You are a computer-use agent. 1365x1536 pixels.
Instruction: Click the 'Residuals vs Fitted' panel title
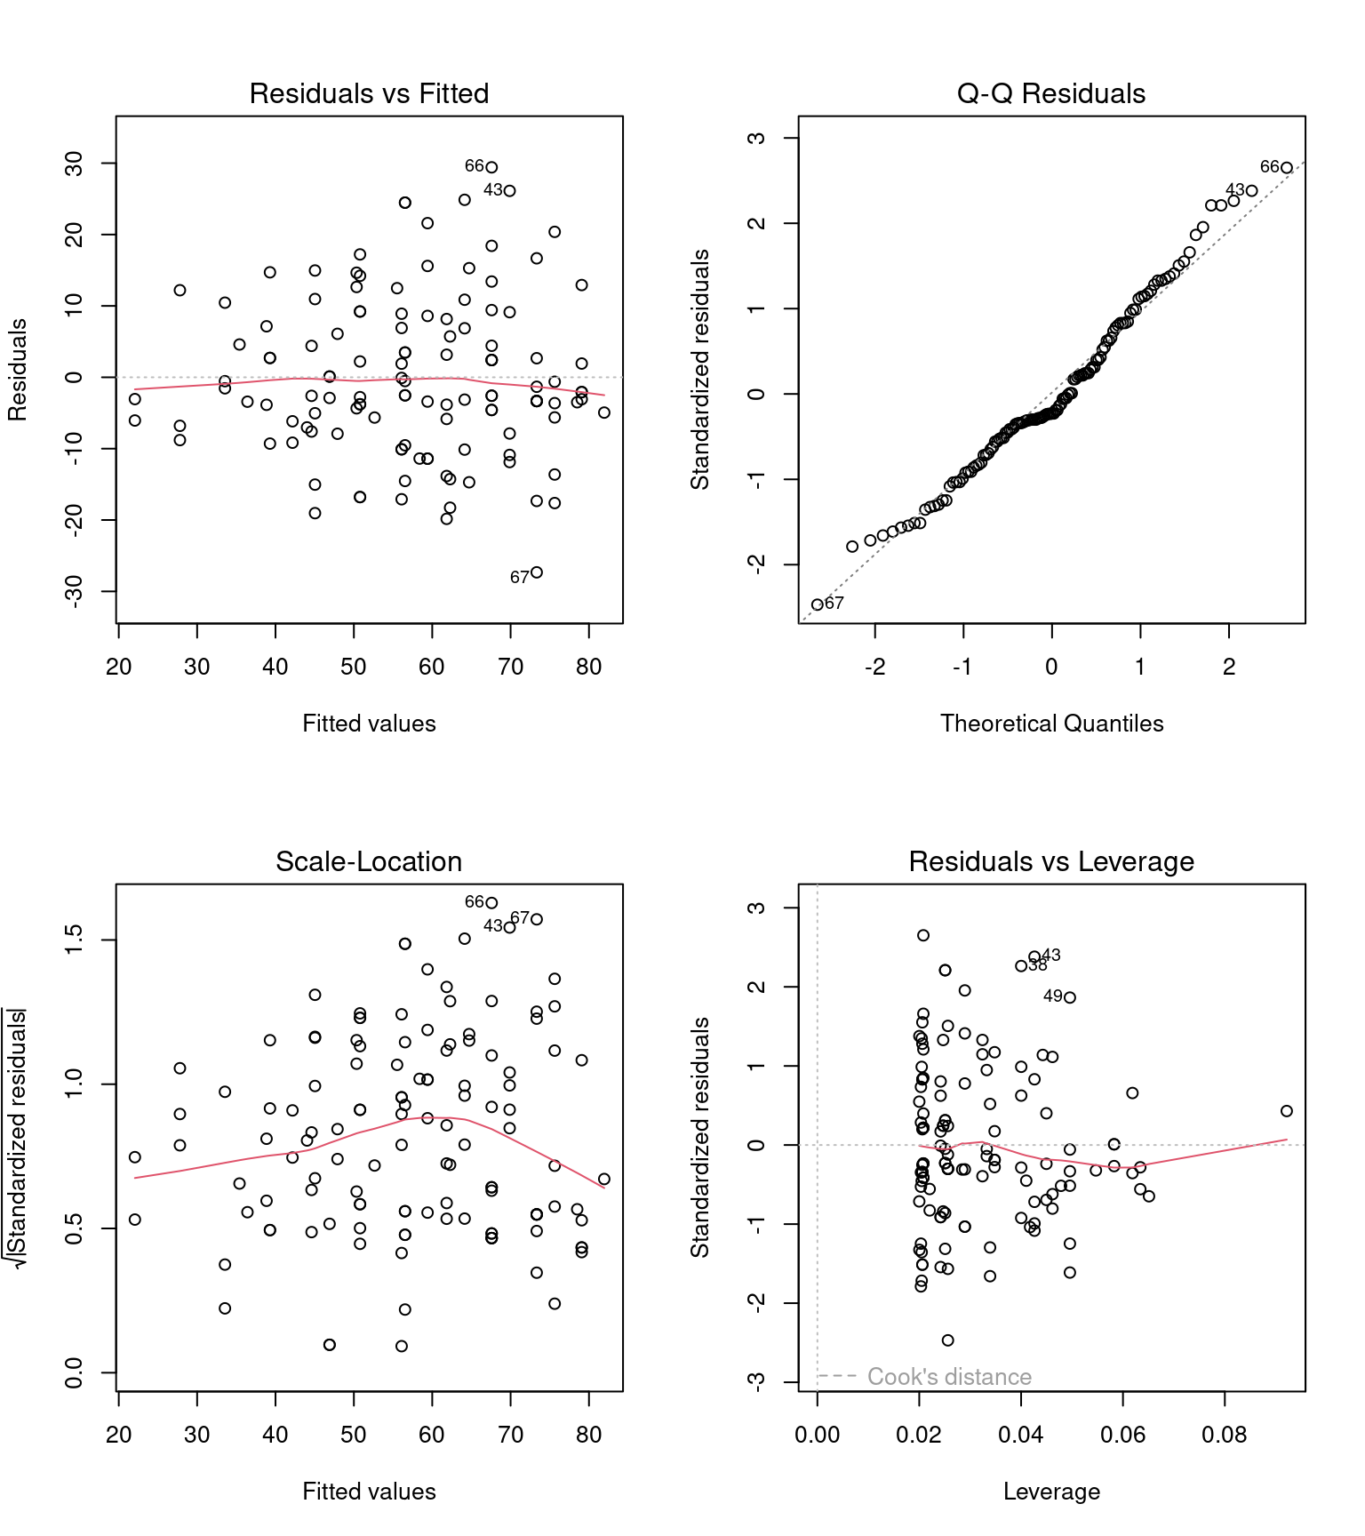coord(369,93)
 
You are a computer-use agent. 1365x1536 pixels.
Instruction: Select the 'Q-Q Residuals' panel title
coord(1050,93)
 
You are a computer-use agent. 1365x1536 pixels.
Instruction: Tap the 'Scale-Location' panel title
coord(369,861)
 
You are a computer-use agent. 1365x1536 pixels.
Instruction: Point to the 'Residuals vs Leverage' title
coord(1050,861)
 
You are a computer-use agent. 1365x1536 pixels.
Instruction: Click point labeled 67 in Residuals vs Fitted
coord(537,572)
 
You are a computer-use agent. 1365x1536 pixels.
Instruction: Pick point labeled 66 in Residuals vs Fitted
coord(491,167)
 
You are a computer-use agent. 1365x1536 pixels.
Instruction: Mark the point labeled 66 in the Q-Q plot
coord(1286,168)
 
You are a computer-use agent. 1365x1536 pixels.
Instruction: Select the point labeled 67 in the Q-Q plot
coord(818,604)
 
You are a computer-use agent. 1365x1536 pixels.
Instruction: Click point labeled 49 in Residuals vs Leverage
coord(1070,997)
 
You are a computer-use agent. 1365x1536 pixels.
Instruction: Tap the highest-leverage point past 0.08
coord(1287,1111)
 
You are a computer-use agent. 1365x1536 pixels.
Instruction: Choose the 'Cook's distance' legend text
coord(949,1377)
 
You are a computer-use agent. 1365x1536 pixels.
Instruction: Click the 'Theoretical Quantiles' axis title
coord(1051,724)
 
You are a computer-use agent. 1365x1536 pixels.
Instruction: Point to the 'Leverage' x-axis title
coord(1051,1492)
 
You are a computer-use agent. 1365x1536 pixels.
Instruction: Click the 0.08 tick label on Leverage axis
coord(1225,1435)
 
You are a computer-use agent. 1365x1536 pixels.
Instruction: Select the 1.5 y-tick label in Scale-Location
coord(74,940)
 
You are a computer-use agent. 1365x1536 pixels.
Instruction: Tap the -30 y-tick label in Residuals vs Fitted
coord(74,591)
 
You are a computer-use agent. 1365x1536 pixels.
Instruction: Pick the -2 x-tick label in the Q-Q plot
coord(874,667)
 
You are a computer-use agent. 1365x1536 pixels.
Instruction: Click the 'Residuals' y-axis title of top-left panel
coord(18,370)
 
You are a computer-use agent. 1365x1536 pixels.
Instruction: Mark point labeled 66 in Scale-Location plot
coord(491,903)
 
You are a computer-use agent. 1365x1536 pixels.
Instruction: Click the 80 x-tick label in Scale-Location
coord(588,1435)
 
